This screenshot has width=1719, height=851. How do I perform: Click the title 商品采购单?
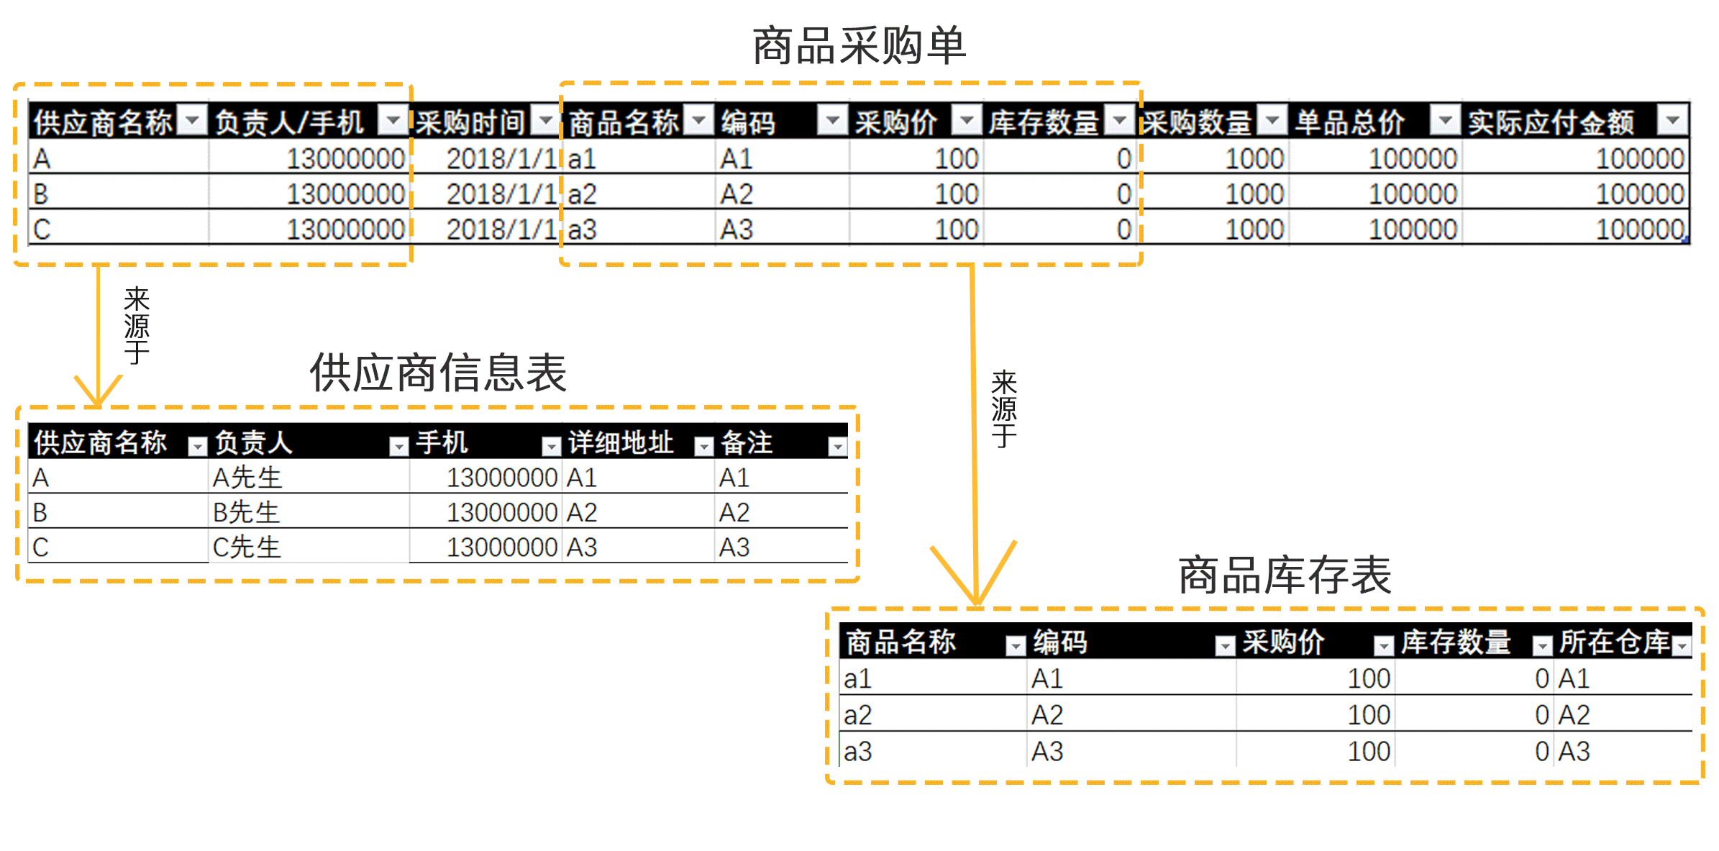859,45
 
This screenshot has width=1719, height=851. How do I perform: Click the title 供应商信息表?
438,373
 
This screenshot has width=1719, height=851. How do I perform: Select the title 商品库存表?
1285,575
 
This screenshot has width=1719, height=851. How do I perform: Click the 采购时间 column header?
470,122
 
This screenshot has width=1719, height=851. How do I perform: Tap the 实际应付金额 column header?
1551,122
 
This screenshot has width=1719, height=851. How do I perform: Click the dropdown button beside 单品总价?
1445,120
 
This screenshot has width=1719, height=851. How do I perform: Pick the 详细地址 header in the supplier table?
621,442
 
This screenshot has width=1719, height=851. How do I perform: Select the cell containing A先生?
247,478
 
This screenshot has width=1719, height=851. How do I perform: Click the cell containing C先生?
247,547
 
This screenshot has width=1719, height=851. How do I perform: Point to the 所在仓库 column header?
1614,642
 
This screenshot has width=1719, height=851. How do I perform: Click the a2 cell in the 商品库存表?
857,715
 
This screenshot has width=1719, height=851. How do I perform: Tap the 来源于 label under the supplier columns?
137,325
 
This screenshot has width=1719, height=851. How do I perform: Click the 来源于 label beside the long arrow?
1004,409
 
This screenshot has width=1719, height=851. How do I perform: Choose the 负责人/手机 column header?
289,122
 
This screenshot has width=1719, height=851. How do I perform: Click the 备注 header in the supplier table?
747,442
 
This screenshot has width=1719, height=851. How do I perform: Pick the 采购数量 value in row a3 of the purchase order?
1254,229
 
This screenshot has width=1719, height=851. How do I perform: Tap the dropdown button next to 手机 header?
551,447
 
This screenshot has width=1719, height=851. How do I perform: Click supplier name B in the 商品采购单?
40,194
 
